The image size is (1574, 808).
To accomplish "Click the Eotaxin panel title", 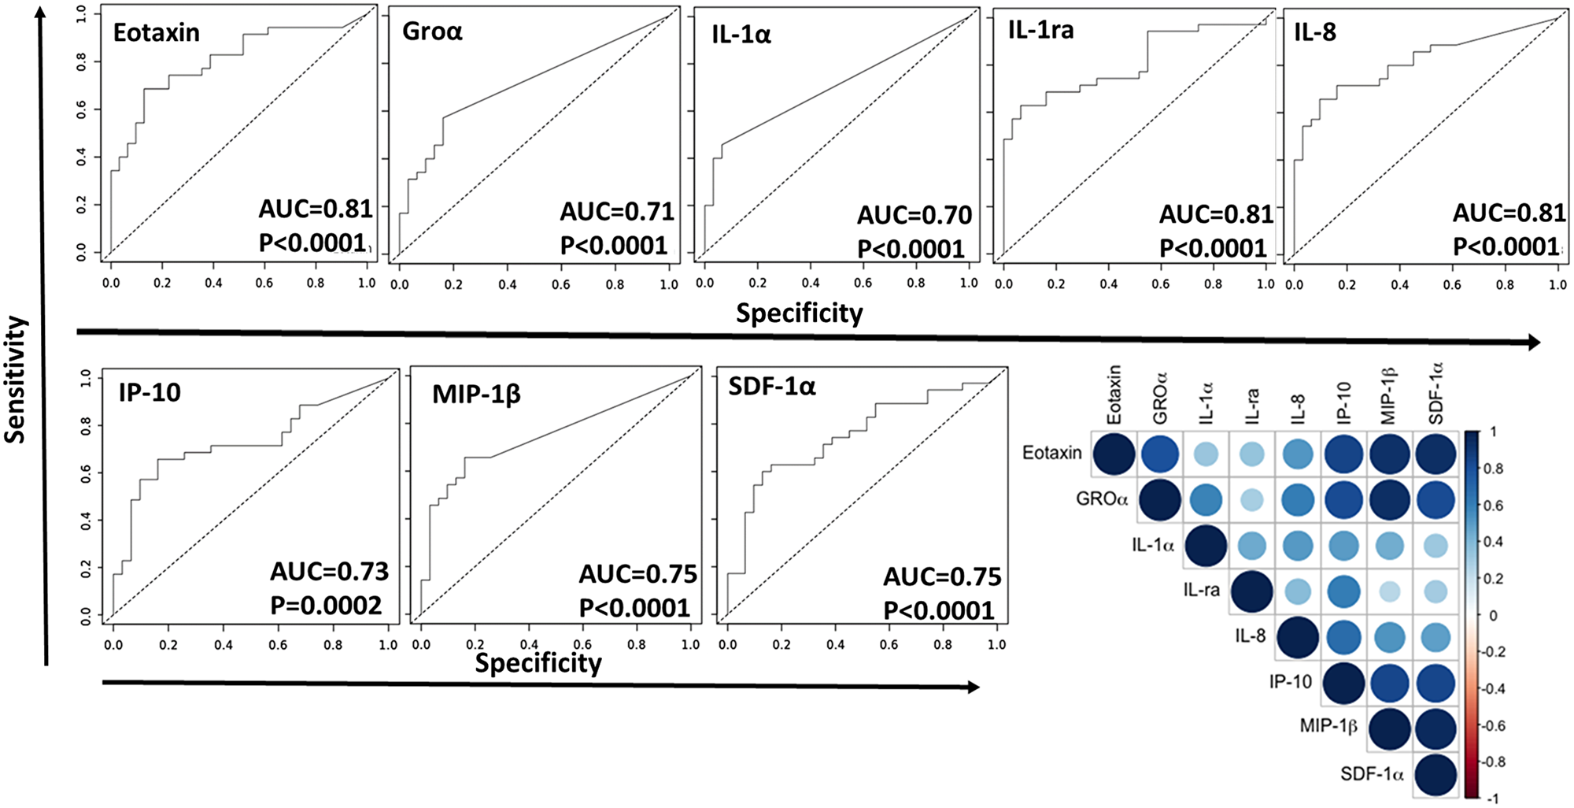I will click(156, 33).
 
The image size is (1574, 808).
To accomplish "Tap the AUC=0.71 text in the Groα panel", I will click(617, 212).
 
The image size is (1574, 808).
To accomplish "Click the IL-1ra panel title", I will click(1040, 31).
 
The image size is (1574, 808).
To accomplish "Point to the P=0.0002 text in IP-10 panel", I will click(326, 606).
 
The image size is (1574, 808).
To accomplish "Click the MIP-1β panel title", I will click(476, 394).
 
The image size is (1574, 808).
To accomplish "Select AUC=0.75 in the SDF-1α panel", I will click(942, 577).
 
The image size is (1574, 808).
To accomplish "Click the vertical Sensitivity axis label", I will click(16, 379).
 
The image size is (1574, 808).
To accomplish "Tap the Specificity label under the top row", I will click(799, 313).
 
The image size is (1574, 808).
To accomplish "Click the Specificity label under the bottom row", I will click(538, 663).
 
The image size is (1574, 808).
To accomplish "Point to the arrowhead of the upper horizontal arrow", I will click(1533, 342).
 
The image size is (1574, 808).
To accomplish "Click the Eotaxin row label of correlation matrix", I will click(1051, 453).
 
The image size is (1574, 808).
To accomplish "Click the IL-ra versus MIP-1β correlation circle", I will click(1390, 591).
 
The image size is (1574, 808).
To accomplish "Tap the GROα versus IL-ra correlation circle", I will click(1251, 500).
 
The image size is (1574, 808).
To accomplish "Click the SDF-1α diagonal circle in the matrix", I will click(1436, 775).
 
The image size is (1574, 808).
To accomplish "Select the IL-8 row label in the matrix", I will click(1250, 636).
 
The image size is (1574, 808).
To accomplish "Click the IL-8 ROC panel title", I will click(1315, 32).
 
